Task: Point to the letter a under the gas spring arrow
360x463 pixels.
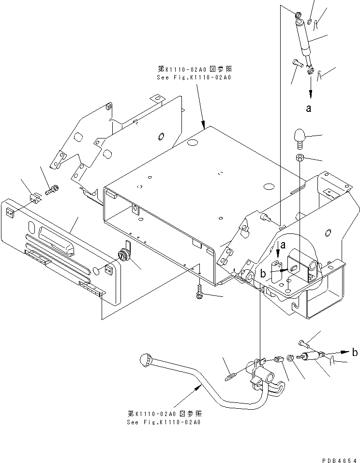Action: [309, 109]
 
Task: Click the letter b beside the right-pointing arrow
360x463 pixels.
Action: [355, 353]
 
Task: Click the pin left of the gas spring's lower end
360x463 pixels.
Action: [297, 62]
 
